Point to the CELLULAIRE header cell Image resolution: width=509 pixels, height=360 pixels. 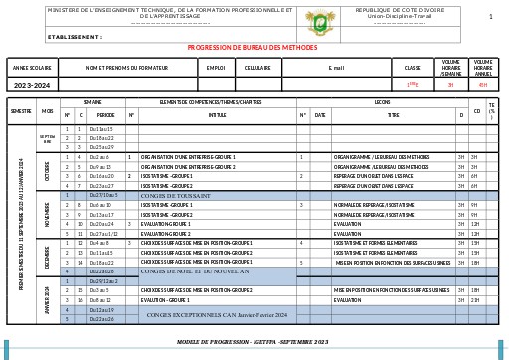(258, 68)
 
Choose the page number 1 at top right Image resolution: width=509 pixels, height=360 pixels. (490, 17)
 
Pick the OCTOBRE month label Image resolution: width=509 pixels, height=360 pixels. (47, 171)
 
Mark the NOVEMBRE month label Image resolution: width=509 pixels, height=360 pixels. (47, 219)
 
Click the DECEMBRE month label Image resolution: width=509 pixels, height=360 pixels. (47, 257)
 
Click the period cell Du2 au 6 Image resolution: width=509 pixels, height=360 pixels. (99, 157)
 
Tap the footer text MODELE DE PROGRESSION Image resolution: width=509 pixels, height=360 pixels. (253, 340)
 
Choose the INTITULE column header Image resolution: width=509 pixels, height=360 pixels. (217, 115)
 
